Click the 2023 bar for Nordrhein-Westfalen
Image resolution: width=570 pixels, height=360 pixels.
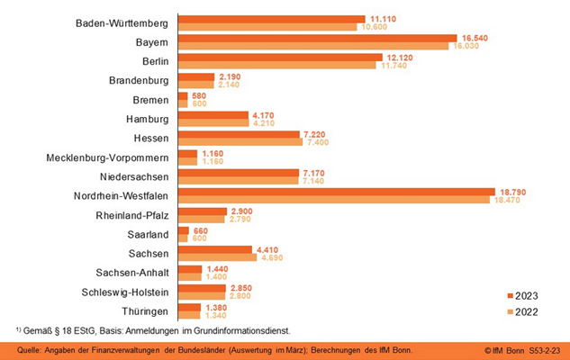(x=336, y=191)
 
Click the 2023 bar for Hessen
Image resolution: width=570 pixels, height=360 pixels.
(x=239, y=134)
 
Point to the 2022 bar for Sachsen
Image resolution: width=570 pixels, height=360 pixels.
(x=216, y=256)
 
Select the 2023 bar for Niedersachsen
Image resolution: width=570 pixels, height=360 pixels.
(x=238, y=172)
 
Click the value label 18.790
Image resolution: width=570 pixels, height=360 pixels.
(x=509, y=191)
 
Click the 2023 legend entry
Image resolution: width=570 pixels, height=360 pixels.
(x=521, y=294)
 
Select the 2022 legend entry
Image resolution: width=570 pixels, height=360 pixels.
(x=521, y=310)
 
